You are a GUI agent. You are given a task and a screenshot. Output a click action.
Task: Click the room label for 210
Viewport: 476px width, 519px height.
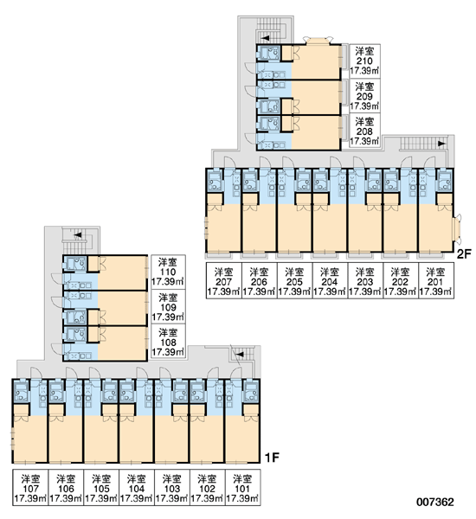[x=364, y=61]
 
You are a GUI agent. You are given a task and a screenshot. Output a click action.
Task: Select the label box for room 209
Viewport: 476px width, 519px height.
[x=364, y=96]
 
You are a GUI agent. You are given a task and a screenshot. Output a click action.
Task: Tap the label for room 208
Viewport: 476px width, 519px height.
[x=364, y=131]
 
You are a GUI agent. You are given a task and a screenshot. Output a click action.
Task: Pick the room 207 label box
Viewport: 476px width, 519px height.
[x=223, y=281]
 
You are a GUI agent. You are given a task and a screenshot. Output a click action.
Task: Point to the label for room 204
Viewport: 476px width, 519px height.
[x=330, y=281]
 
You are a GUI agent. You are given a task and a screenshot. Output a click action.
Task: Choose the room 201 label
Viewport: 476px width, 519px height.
[x=435, y=281]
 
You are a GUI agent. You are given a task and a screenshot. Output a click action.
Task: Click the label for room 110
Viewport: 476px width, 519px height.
[x=168, y=272]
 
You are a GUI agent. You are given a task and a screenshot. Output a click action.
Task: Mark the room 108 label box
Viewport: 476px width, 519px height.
[x=168, y=342]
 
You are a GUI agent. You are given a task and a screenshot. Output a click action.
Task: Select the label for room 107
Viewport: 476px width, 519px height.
[x=30, y=488]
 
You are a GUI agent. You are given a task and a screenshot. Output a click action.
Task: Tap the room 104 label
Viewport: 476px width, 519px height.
[x=137, y=488]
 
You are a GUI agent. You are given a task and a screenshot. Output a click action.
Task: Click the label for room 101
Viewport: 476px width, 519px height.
[x=242, y=488]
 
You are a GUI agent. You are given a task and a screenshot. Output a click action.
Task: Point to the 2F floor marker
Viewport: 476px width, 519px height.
[x=463, y=253]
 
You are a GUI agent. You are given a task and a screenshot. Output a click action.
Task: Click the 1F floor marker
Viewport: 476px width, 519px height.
[x=272, y=458]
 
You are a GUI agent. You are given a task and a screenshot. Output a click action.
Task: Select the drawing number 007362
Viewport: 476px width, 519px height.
[x=435, y=502]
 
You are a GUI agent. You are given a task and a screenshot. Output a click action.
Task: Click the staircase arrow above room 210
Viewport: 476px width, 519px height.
[x=266, y=38]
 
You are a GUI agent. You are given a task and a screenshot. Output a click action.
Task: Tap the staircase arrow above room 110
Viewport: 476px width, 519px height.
[x=78, y=235]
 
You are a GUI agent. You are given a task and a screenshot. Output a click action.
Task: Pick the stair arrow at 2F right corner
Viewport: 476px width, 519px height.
[x=441, y=144]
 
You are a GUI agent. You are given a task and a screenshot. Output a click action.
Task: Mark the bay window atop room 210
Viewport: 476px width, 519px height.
[x=318, y=41]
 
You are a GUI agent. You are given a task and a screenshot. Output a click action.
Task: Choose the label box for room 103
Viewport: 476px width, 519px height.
[x=172, y=488]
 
